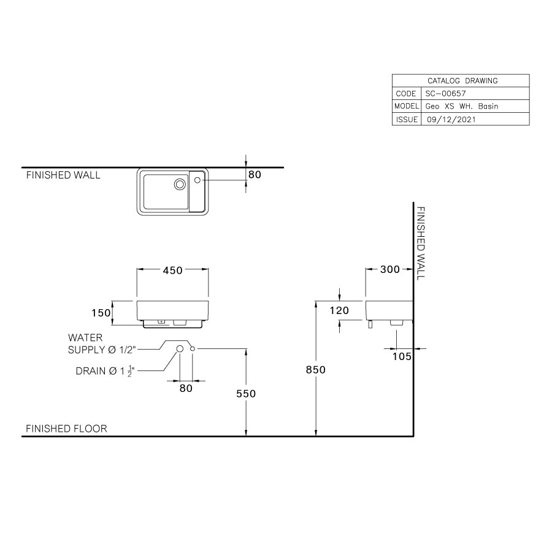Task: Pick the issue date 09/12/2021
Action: [x=451, y=120]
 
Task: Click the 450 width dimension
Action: [x=172, y=271]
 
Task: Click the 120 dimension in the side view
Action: [x=339, y=311]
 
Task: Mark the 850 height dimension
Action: [x=315, y=370]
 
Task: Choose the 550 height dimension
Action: [x=246, y=394]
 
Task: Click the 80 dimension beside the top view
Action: [x=255, y=175]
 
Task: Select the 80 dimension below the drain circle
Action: [x=186, y=388]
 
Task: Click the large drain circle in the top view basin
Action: [x=180, y=183]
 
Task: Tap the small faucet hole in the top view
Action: [x=197, y=180]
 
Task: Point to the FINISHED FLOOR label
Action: [x=66, y=429]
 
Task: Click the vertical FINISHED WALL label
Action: [x=420, y=243]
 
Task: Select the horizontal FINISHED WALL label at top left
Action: [x=63, y=175]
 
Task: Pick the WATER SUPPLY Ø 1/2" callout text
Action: [x=101, y=344]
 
